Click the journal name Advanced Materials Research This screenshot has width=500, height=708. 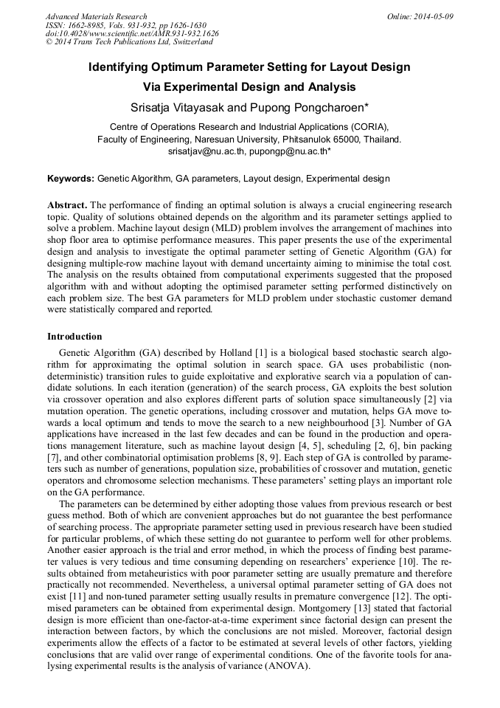pos(96,16)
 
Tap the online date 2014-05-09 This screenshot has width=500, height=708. pos(434,16)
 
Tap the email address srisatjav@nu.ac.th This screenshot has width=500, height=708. pos(206,151)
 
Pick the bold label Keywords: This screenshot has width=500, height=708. pos(71,179)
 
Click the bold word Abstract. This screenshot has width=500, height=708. pos(67,205)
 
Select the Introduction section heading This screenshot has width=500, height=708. pos(74,337)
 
